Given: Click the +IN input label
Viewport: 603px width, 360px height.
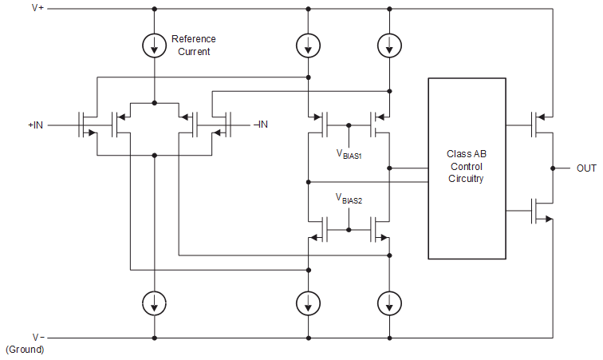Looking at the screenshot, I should pos(36,125).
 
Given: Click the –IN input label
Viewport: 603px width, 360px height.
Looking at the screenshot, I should pos(260,125).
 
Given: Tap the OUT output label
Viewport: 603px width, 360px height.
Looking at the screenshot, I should pos(586,168).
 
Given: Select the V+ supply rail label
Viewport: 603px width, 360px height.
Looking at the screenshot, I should pos(37,9).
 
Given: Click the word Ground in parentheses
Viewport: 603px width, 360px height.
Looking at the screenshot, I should pos(25,350).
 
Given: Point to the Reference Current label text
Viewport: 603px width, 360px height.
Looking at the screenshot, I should pos(193,45).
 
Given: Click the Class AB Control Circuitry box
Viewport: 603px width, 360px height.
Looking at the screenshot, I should pos(467,168).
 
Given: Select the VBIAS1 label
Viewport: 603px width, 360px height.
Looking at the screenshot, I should pos(349,155).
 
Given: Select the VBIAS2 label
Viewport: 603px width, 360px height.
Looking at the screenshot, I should pos(349,200).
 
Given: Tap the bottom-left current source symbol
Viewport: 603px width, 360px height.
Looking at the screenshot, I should pos(155,303).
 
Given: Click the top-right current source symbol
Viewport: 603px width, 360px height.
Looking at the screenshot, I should pos(388,45).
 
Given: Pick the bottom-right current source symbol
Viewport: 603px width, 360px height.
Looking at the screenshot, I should pos(388,303).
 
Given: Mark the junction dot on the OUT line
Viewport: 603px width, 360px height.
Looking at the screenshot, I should pos(552,168).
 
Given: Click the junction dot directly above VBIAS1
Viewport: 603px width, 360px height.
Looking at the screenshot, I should pos(349,125).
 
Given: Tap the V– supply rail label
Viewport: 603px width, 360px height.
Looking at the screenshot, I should pos(37,337).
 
